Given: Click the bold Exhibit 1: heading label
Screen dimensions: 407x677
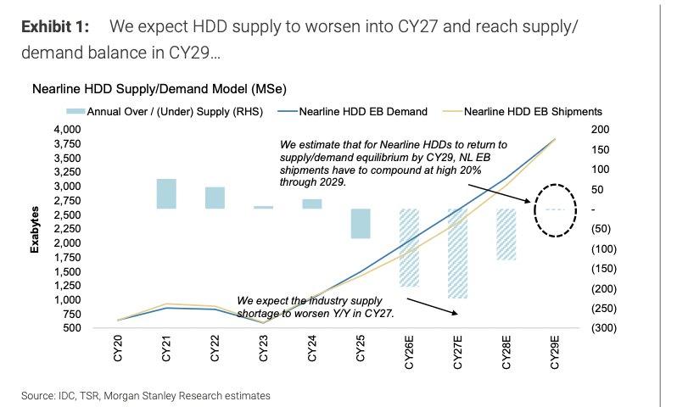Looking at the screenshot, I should tap(53, 26).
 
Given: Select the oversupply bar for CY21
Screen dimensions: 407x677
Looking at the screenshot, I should tap(166, 193).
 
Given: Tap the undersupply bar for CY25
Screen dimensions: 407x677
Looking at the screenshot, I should tap(361, 223).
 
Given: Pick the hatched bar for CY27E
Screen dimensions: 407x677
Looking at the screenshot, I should tap(458, 253).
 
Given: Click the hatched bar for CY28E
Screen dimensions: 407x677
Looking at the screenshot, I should tap(506, 234).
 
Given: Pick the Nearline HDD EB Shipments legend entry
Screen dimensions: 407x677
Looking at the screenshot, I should tap(533, 111).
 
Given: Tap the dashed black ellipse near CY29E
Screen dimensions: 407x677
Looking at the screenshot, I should tap(555, 209).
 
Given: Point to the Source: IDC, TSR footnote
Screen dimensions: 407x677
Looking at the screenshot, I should tap(147, 395).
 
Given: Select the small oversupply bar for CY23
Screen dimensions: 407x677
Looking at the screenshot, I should tap(264, 207).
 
